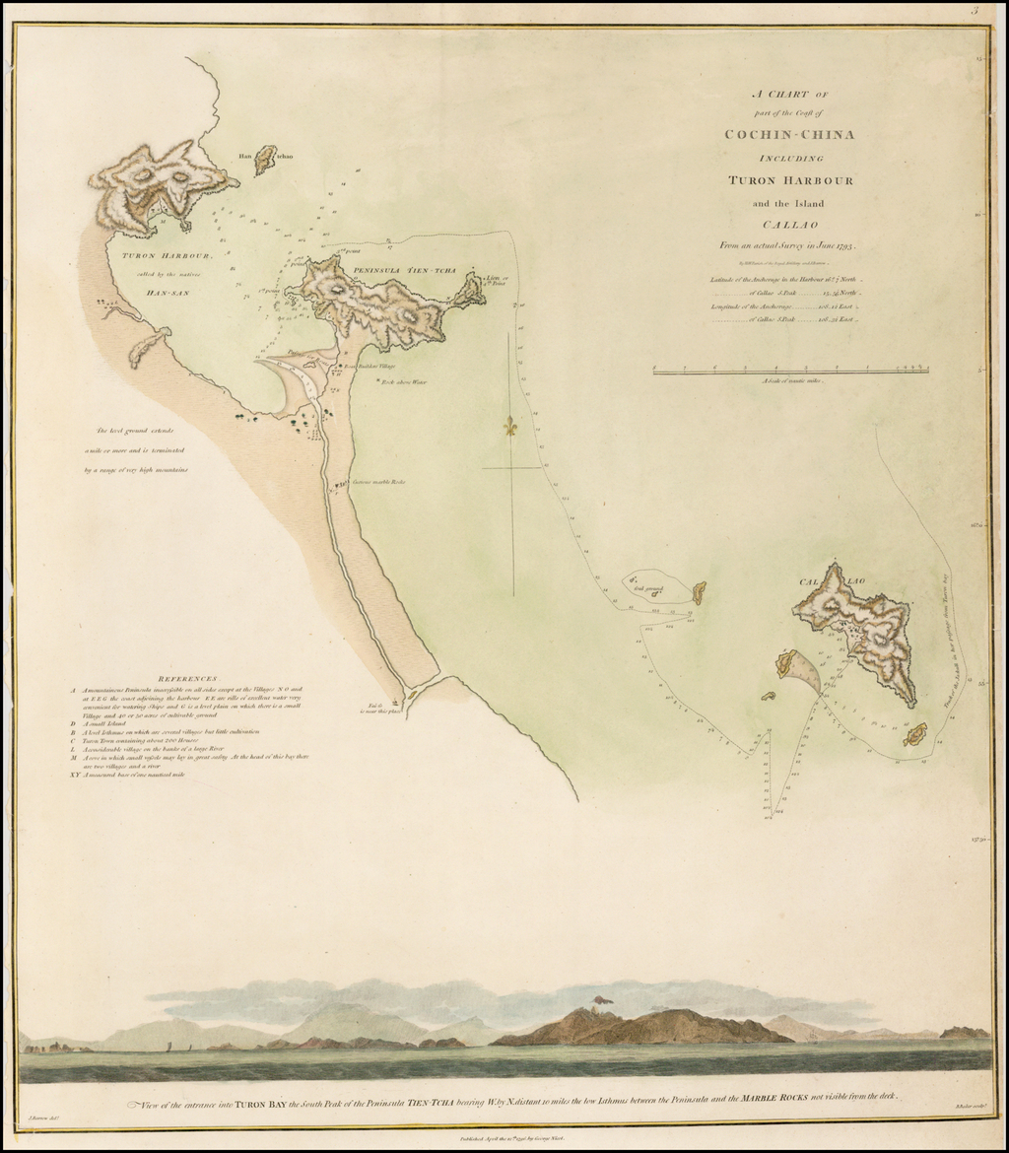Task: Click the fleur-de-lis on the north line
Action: (x=510, y=428)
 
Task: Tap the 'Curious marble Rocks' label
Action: (x=379, y=482)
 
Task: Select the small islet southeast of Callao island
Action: (x=915, y=734)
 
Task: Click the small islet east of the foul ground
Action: (x=699, y=592)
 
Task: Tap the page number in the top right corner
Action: (x=974, y=12)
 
